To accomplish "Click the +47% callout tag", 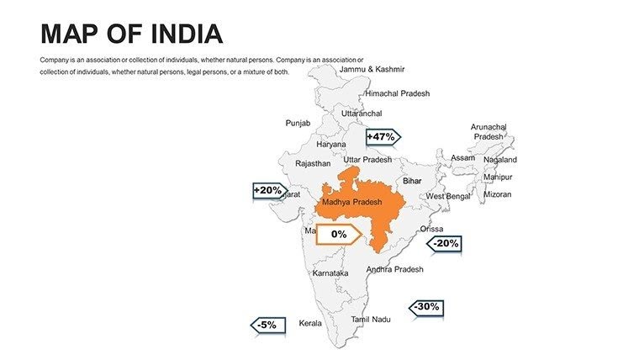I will (382, 137).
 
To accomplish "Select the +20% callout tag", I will (268, 191).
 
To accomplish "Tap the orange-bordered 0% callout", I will (339, 235).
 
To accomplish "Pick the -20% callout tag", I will (445, 244).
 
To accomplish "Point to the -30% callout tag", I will (425, 307).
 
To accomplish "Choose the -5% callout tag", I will (268, 325).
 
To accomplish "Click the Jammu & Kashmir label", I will (372, 69).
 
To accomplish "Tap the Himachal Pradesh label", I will (397, 93).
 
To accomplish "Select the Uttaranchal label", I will (362, 113).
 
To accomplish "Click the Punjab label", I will (298, 123).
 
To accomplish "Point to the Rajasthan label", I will (313, 164).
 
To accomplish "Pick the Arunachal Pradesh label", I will (488, 131).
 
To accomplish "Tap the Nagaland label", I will (500, 160).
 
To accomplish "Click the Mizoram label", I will (497, 194).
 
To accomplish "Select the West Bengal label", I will (448, 196).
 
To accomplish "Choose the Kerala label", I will (310, 323).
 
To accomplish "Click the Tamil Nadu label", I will (371, 320).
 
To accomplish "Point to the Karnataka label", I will (330, 273).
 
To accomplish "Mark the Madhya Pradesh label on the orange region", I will (351, 202).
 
